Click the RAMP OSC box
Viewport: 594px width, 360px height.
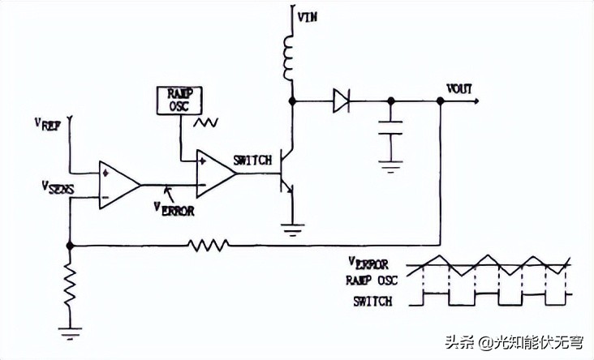coord(179,100)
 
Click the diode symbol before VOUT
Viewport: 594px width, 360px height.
coord(341,101)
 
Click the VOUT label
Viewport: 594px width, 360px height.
coord(459,88)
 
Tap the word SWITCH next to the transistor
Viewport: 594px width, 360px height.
coord(252,161)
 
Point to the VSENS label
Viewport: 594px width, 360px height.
coord(58,188)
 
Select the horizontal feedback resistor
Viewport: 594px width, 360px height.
coord(209,243)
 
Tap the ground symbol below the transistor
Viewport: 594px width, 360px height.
coord(290,227)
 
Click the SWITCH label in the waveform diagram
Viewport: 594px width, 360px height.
coord(373,302)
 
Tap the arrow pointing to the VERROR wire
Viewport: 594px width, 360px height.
coord(169,191)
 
